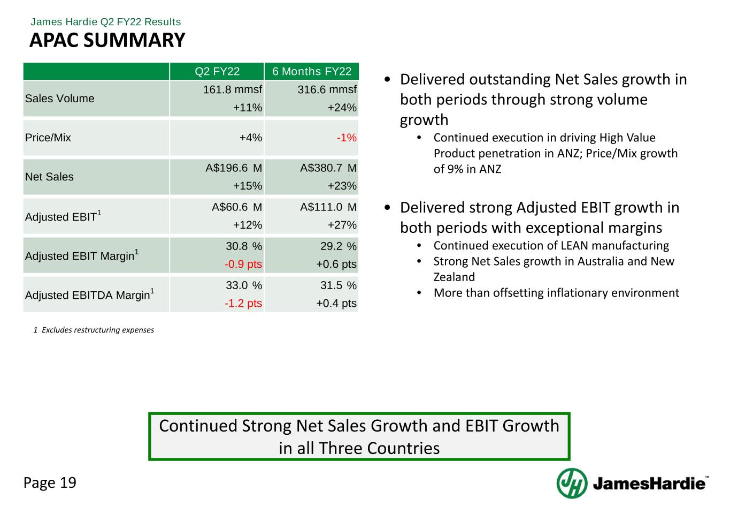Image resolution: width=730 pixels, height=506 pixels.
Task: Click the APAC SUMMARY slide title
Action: [x=107, y=40]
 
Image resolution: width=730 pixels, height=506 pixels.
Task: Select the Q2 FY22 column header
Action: [x=217, y=72]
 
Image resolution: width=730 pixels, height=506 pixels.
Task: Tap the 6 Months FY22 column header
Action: [x=312, y=72]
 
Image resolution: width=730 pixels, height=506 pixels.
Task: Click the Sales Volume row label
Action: [x=59, y=99]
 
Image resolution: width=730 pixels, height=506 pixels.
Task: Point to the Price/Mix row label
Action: [x=48, y=138]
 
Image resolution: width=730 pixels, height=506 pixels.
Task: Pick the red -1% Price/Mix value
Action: [x=347, y=138]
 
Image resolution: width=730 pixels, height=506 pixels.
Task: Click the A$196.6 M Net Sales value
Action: [x=234, y=168]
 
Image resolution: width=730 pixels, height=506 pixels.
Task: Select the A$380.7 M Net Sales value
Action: [x=328, y=168]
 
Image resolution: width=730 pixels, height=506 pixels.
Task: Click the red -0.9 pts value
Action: [x=243, y=264]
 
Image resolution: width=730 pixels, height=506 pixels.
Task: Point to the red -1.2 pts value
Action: [x=243, y=303]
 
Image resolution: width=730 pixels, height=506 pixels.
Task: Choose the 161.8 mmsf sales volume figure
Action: [x=232, y=89]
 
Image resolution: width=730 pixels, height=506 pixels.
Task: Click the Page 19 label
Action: [x=50, y=483]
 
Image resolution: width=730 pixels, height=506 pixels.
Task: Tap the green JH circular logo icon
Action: [x=572, y=483]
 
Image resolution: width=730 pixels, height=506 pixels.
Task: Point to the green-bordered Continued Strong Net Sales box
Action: [x=359, y=436]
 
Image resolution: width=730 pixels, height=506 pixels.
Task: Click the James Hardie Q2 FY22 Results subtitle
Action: [x=106, y=22]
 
